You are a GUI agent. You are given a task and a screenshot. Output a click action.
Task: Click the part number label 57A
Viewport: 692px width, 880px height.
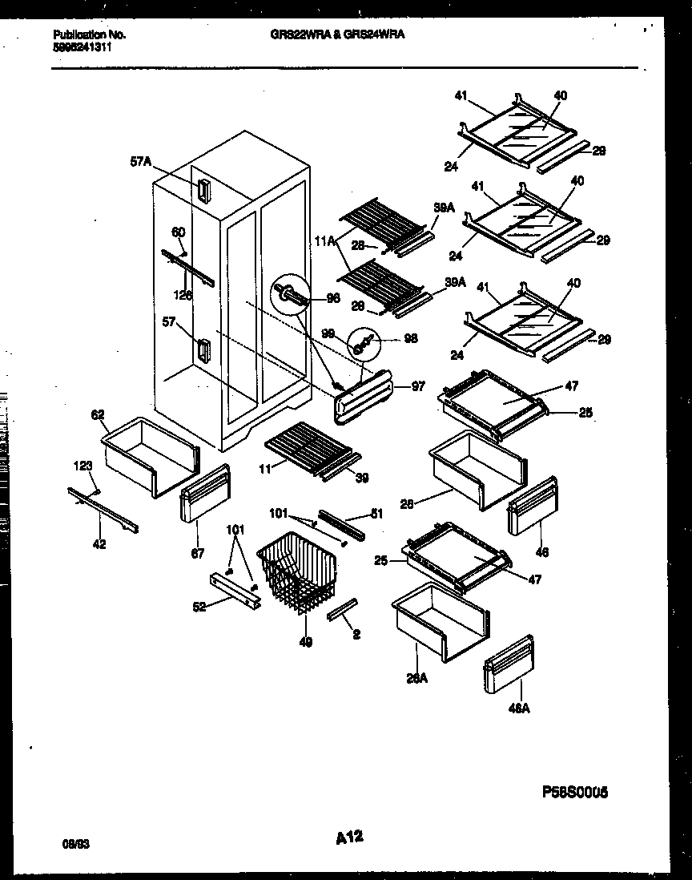pos(141,161)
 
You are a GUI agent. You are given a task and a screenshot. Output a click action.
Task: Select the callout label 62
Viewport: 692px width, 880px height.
pos(98,414)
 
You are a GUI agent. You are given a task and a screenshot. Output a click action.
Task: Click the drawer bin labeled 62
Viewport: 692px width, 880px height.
pos(150,454)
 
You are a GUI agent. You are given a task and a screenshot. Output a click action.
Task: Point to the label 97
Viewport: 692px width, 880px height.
pos(417,387)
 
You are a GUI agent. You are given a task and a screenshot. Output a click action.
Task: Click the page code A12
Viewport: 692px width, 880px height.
pos(349,838)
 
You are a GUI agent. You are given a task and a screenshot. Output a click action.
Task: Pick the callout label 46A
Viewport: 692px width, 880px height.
pos(520,708)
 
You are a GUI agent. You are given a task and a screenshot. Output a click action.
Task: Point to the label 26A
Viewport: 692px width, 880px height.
pos(416,678)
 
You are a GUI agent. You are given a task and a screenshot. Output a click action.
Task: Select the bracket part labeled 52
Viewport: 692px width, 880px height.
pos(235,589)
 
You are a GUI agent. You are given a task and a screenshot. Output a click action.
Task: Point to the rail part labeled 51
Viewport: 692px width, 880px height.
pos(342,523)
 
